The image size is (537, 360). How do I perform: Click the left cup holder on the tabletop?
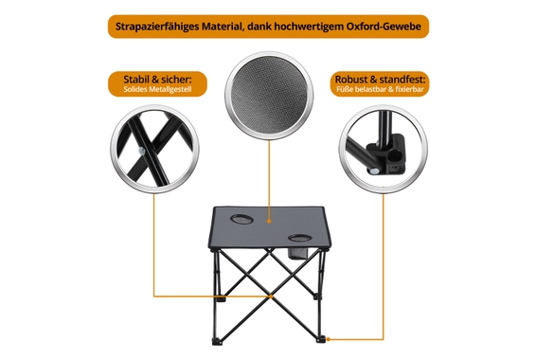(242, 222)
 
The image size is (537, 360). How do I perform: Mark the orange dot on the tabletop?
(269, 227)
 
